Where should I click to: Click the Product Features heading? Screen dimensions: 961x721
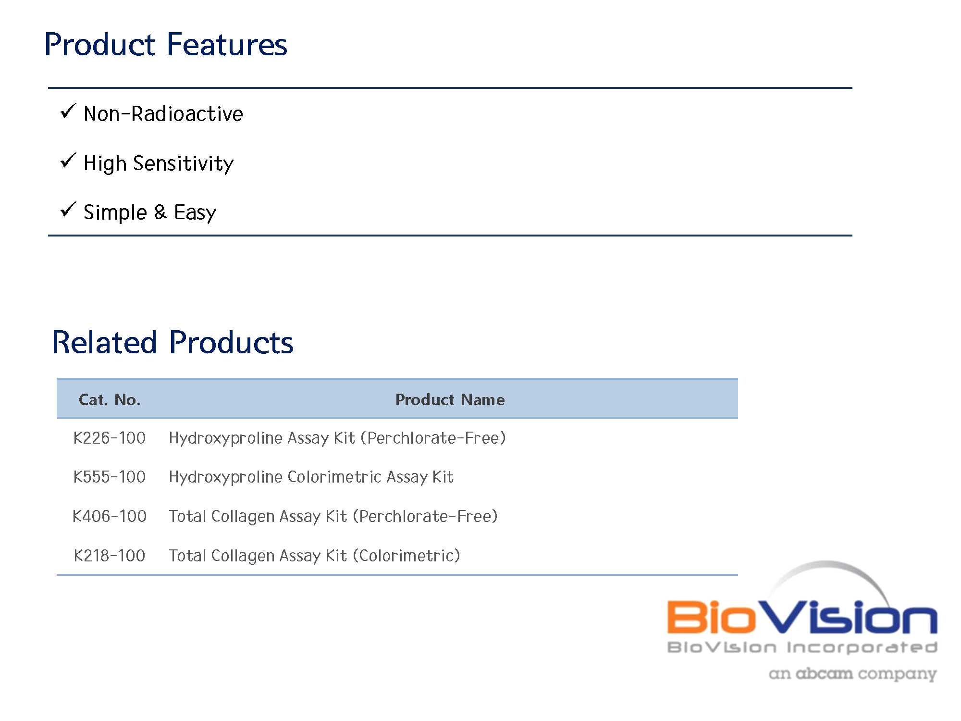(x=166, y=44)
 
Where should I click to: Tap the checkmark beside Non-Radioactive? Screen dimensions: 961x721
(x=68, y=111)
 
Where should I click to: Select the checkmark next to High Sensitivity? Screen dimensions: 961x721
(x=68, y=161)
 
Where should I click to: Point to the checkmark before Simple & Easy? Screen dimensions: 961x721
(x=68, y=210)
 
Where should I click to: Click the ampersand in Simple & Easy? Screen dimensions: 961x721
(x=160, y=212)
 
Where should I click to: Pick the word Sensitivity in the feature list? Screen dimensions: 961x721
(x=183, y=163)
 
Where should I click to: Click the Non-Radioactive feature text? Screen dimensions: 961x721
(x=163, y=114)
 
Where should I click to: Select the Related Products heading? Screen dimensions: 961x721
(x=172, y=342)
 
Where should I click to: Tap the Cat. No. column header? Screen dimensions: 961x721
(x=110, y=399)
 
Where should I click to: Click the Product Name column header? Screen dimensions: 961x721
(x=450, y=399)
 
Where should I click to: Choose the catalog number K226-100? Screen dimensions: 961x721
(x=110, y=438)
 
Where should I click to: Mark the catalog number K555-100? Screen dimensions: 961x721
(x=110, y=477)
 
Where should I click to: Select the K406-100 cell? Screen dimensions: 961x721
(x=110, y=516)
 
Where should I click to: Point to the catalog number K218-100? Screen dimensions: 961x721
(x=110, y=556)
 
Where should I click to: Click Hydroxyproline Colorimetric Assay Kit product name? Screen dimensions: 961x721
(x=311, y=477)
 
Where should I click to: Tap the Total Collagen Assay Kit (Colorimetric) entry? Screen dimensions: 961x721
(x=315, y=556)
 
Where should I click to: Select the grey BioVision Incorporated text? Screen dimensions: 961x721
(x=802, y=647)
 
